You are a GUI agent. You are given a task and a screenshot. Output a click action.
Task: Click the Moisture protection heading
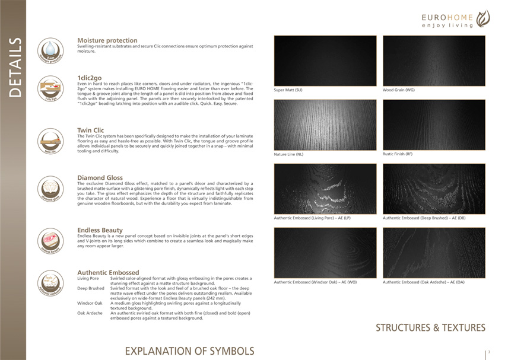tap(107, 40)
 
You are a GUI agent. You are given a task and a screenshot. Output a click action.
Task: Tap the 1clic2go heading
tap(93, 78)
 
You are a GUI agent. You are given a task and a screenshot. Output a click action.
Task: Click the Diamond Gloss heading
tap(100, 177)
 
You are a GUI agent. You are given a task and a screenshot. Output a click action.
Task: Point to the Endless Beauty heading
tap(100, 230)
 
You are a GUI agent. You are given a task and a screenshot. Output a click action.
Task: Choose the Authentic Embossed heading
tap(108, 272)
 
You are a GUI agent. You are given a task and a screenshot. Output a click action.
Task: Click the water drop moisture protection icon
tap(50, 50)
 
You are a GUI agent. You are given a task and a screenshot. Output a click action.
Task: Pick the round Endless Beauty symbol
tap(50, 241)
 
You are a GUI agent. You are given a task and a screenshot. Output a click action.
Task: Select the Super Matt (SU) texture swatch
tap(325, 60)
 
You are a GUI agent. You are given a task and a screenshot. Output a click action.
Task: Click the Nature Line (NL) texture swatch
tap(325, 125)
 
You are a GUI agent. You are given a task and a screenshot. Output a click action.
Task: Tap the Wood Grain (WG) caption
tap(399, 90)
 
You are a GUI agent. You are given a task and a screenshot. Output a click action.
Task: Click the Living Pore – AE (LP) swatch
tap(325, 189)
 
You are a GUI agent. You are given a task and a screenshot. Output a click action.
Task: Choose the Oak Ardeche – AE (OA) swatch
tap(434, 253)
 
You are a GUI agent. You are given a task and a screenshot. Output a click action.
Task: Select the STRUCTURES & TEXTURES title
tap(430, 327)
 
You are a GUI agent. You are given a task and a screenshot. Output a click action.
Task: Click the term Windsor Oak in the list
tap(90, 303)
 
